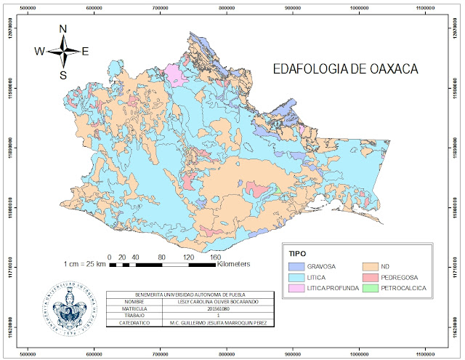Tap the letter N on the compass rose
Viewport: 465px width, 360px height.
click(63, 29)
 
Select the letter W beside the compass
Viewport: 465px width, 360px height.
click(39, 51)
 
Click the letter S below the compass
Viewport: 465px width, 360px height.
click(63, 74)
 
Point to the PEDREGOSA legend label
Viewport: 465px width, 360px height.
click(403, 277)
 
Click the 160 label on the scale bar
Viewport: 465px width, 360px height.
click(215, 257)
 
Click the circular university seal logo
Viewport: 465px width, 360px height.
click(70, 306)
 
